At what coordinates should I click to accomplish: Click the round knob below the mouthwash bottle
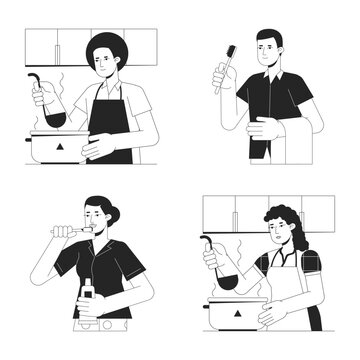(88, 327)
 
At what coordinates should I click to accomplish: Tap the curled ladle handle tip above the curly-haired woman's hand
(206, 239)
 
